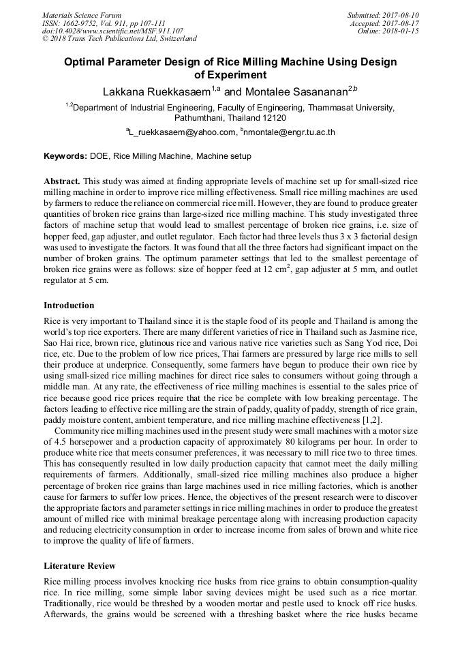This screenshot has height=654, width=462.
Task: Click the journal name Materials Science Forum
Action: (x=82, y=14)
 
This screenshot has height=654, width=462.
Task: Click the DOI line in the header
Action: (x=112, y=31)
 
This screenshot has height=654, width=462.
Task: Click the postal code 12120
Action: (x=272, y=117)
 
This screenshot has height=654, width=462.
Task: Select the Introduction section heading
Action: (x=69, y=305)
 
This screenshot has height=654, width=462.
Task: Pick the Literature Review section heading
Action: (x=80, y=566)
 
